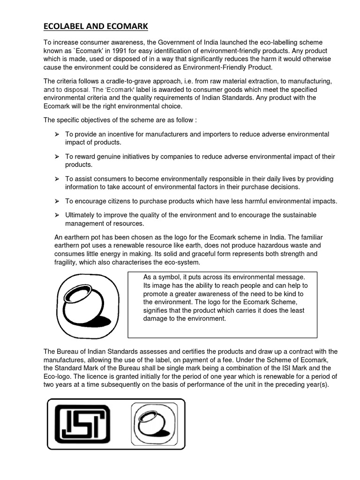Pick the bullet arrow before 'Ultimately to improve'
57,215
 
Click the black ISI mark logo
82,423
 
